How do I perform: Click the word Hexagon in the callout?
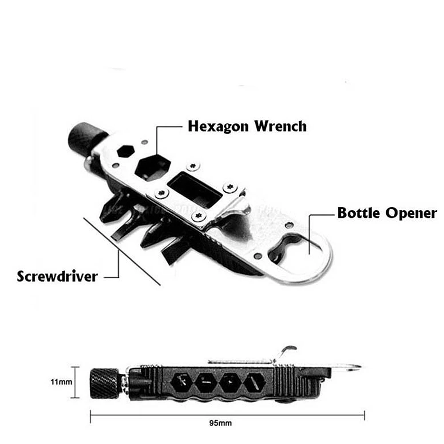coord(218,127)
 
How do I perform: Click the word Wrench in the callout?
coord(280,126)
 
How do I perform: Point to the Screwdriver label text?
coord(57,276)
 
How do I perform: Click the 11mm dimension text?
coord(61,382)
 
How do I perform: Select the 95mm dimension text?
coord(221,423)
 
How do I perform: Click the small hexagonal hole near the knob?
coord(126,151)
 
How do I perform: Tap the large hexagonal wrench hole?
coord(153,168)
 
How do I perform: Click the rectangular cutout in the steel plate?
coord(194,190)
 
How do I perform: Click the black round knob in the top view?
coord(85,138)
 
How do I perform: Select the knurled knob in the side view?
coord(104,383)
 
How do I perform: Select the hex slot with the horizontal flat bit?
coord(206,383)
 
